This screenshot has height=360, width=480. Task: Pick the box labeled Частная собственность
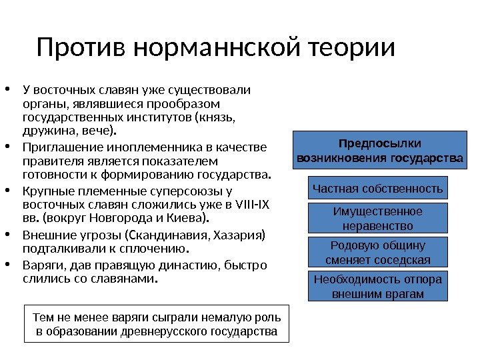click(x=378, y=189)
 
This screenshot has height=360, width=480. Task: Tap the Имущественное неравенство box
click(x=378, y=219)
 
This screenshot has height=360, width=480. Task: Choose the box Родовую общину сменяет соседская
click(x=378, y=253)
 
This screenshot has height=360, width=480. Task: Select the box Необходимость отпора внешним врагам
click(x=378, y=287)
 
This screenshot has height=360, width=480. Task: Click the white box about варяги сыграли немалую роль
click(x=157, y=324)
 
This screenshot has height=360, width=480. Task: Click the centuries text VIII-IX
click(x=249, y=205)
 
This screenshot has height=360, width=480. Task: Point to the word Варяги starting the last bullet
click(x=39, y=265)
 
